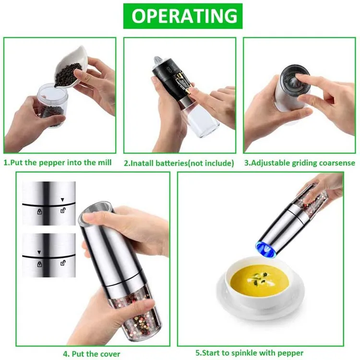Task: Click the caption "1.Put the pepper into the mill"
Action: [x=58, y=163]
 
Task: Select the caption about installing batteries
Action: [x=179, y=163]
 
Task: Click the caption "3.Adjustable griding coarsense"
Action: [x=300, y=163]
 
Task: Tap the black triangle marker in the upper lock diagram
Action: [x=62, y=199]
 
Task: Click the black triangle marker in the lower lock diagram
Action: [x=39, y=252]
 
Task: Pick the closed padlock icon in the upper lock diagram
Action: [x=39, y=211]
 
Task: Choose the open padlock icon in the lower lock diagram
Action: [x=62, y=263]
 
